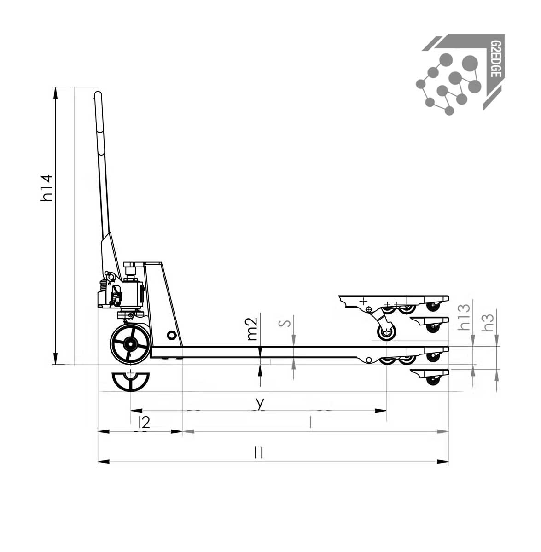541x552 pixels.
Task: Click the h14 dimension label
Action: click(47, 188)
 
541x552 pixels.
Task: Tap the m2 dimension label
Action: click(252, 329)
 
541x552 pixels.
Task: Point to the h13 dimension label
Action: click(464, 317)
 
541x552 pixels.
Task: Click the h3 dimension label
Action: click(489, 322)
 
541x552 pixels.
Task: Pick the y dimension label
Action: click(260, 403)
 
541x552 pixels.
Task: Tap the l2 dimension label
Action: click(144, 422)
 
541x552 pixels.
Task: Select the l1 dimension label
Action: click(259, 453)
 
